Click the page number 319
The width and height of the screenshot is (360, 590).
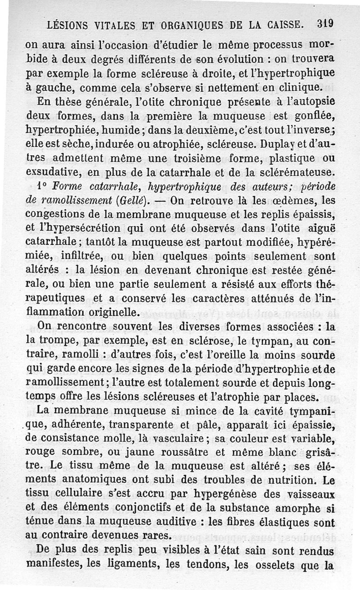coord(324,23)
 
